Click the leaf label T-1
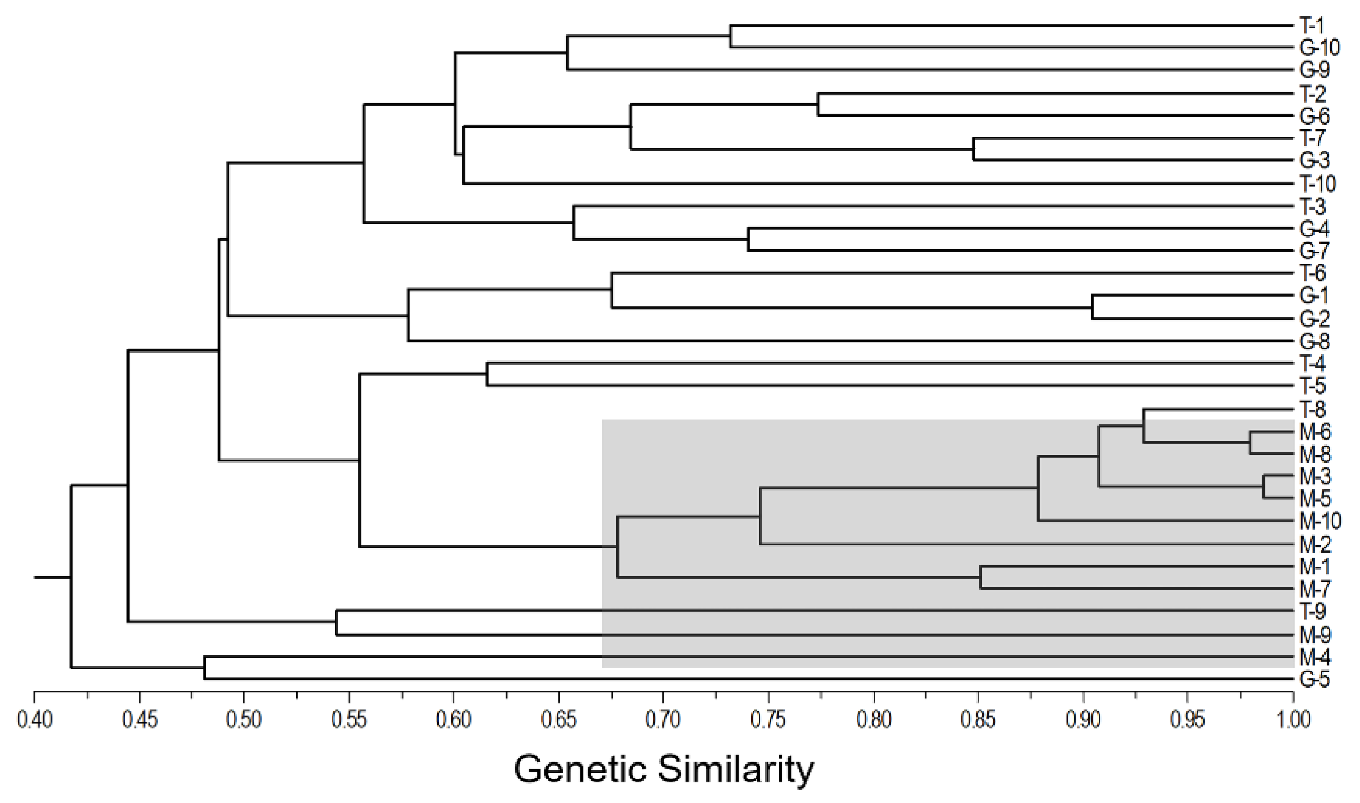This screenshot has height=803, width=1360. (1311, 25)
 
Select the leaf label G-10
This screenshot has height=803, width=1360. (1319, 48)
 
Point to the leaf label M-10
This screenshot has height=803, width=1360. (1319, 521)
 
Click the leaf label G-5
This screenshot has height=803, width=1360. (1314, 680)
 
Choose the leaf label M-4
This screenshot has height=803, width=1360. (1314, 657)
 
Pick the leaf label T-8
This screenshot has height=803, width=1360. (1311, 410)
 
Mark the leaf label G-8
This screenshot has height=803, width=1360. (1314, 342)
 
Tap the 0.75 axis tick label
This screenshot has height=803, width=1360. (768, 720)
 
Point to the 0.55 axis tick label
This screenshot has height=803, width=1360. (349, 720)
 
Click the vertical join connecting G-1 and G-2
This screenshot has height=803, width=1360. (1092, 307)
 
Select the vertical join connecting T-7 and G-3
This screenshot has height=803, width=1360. (973, 149)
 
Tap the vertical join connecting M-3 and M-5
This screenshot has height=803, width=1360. (1263, 487)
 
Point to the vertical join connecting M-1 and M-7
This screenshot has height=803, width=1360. (981, 577)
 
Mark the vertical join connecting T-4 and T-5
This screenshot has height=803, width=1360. (487, 374)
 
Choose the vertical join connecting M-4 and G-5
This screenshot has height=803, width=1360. (204, 668)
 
